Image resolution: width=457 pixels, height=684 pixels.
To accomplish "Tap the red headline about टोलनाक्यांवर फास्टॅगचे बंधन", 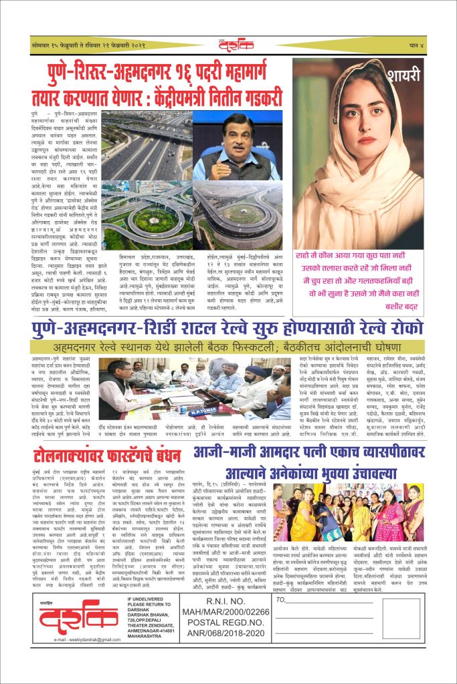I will pyautogui.click(x=107, y=438).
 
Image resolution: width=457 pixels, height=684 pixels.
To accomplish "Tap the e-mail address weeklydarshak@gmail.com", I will pyautogui.click(x=74, y=657).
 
